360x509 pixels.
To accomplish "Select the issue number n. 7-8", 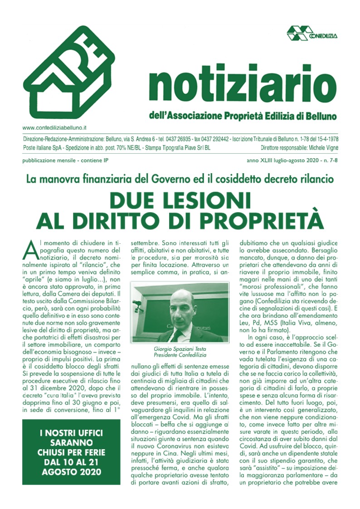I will pyautogui.click(x=328, y=161).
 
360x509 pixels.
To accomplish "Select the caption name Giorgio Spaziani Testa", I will pyautogui.click(x=177, y=349).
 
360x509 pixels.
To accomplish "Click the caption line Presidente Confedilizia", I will pyautogui.click(x=177, y=356).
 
